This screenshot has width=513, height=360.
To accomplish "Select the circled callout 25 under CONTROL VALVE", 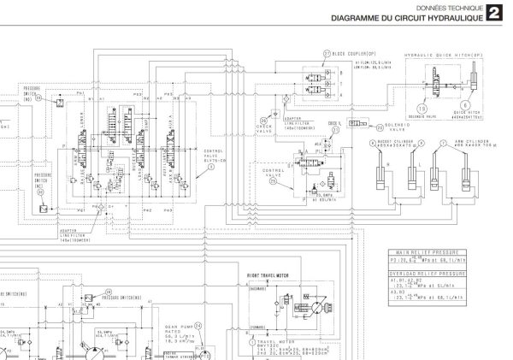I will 274,180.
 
